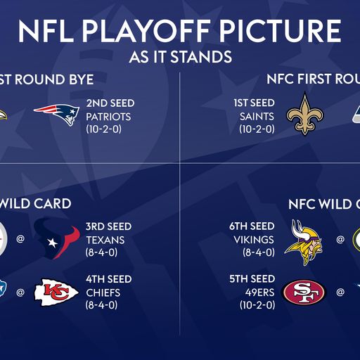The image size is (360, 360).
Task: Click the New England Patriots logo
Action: coord(56,114)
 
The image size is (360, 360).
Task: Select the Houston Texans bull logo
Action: coord(56,238)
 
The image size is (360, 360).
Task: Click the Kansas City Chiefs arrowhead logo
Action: coord(57,291)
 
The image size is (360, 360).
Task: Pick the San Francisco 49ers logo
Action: coord(304,292)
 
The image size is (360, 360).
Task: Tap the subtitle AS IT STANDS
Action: coord(180,56)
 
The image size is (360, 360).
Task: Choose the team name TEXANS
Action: coord(105,240)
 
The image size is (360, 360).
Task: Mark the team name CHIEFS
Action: coord(103,292)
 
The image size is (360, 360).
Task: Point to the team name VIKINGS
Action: coord(254,239)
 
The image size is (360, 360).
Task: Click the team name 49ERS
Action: coord(259,292)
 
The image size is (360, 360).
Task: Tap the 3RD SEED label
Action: coord(109,226)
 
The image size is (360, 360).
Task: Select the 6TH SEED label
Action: coord(252,226)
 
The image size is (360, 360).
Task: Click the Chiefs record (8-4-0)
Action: coord(102,305)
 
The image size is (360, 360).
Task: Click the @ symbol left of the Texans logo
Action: coord(20,239)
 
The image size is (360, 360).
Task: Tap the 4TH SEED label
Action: coord(109,279)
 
